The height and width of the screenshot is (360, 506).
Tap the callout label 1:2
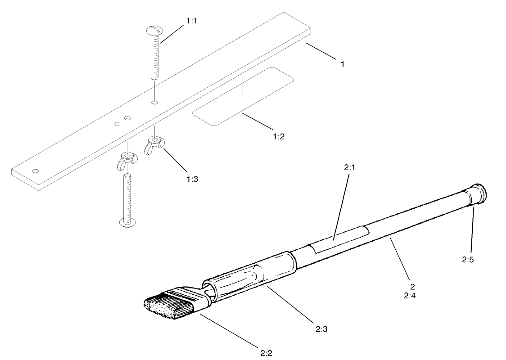[x=279, y=136]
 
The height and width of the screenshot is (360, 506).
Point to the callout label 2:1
[x=350, y=167]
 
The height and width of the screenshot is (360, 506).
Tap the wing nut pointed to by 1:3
[x=153, y=146]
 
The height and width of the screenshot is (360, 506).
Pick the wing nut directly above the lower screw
[x=127, y=160]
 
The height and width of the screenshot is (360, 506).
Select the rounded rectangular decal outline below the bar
[x=243, y=96]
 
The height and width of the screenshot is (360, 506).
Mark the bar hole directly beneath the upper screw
[x=154, y=103]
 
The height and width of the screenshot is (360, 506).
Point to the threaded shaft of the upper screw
[x=155, y=58]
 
